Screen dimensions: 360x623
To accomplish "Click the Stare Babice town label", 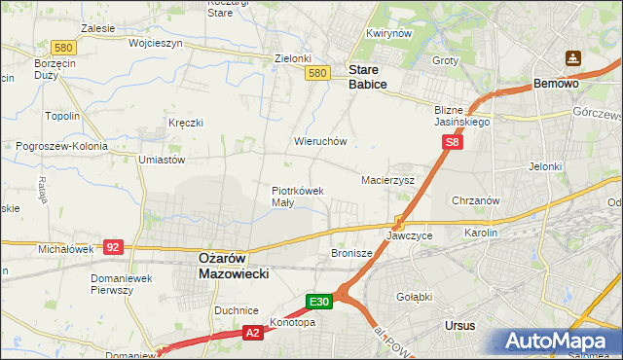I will (x=368, y=78).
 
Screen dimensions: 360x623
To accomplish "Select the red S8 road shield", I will (x=452, y=142).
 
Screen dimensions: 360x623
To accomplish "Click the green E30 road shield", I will (x=321, y=302).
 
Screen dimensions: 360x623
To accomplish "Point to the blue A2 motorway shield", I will (x=252, y=333).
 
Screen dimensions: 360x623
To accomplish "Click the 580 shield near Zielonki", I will (x=315, y=73).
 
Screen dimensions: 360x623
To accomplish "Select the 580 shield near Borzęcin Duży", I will (x=37, y=47).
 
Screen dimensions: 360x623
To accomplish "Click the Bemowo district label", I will (x=557, y=85).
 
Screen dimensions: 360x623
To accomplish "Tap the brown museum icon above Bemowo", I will (x=574, y=59).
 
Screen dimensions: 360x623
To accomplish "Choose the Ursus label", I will (x=458, y=325).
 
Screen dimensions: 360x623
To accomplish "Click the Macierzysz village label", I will (x=388, y=181).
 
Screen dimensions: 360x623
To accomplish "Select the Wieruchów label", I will (x=320, y=141).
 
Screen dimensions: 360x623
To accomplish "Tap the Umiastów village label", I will (x=162, y=160).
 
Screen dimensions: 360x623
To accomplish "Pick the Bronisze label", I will (x=352, y=253).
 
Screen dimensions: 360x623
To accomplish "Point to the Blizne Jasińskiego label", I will (x=462, y=117).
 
